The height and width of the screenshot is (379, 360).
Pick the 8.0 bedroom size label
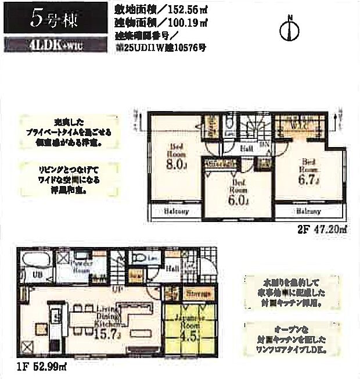(x=176, y=165)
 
